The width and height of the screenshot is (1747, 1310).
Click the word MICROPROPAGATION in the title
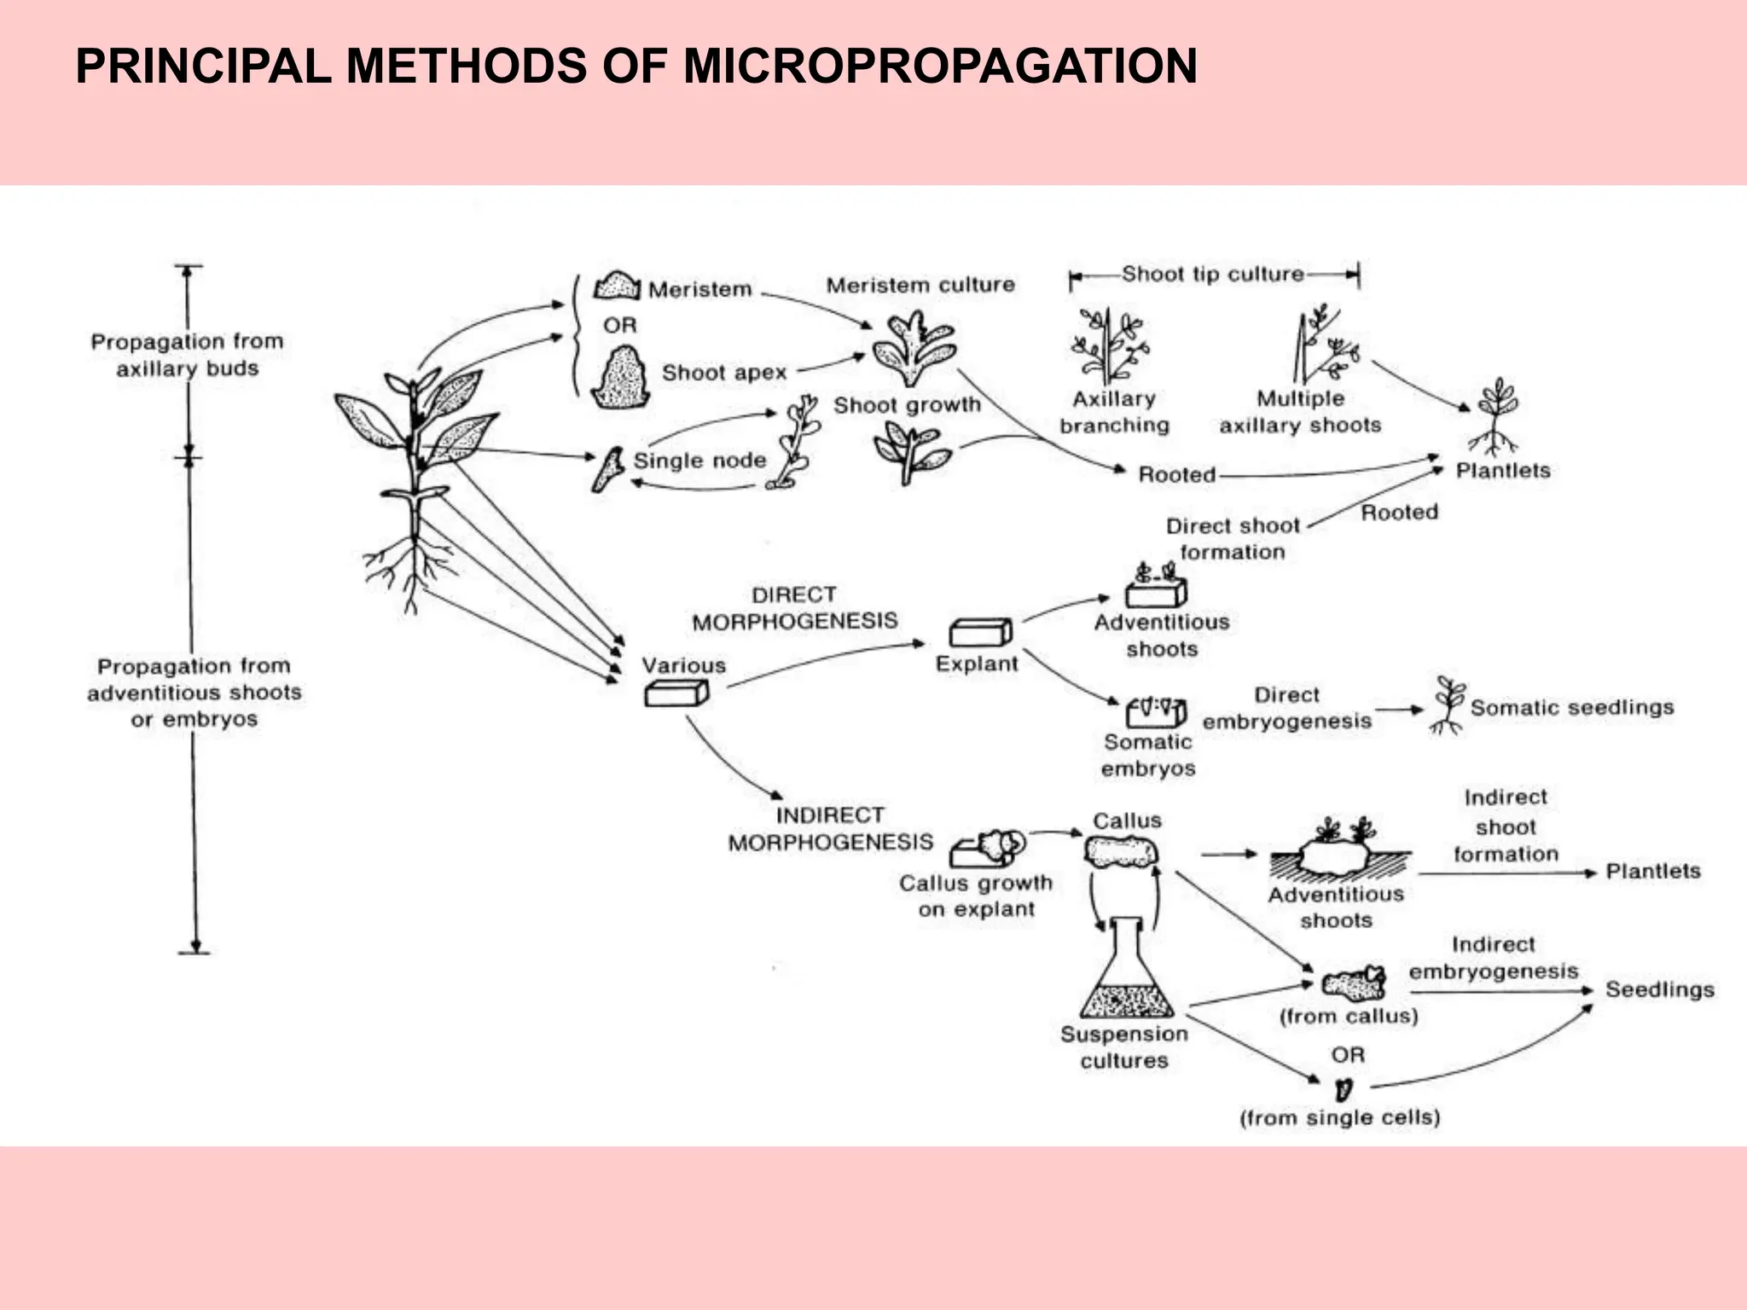point(940,67)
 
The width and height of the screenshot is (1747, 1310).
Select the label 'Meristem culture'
point(920,285)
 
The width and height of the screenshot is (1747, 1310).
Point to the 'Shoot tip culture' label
point(1212,275)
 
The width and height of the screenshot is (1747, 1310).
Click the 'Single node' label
point(699,461)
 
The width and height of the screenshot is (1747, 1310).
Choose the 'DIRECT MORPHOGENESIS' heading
point(795,608)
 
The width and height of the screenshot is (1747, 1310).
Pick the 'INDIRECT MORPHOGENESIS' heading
point(830,828)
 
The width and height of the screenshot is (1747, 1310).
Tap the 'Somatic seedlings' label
point(1571,708)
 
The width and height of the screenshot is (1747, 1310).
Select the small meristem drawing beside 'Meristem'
point(617,287)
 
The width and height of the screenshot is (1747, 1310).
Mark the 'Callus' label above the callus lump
point(1127,820)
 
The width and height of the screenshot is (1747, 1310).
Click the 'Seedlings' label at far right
point(1659,989)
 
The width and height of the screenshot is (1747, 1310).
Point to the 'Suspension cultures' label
point(1124,1047)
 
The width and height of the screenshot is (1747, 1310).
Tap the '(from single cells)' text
point(1339,1117)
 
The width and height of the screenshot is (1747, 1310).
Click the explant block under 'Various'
point(676,694)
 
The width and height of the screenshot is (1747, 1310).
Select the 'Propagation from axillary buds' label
point(188,355)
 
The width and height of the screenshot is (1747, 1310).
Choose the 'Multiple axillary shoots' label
point(1300,412)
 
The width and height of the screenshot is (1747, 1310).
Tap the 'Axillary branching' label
point(1114,412)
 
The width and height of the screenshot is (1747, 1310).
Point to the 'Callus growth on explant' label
point(976,896)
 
